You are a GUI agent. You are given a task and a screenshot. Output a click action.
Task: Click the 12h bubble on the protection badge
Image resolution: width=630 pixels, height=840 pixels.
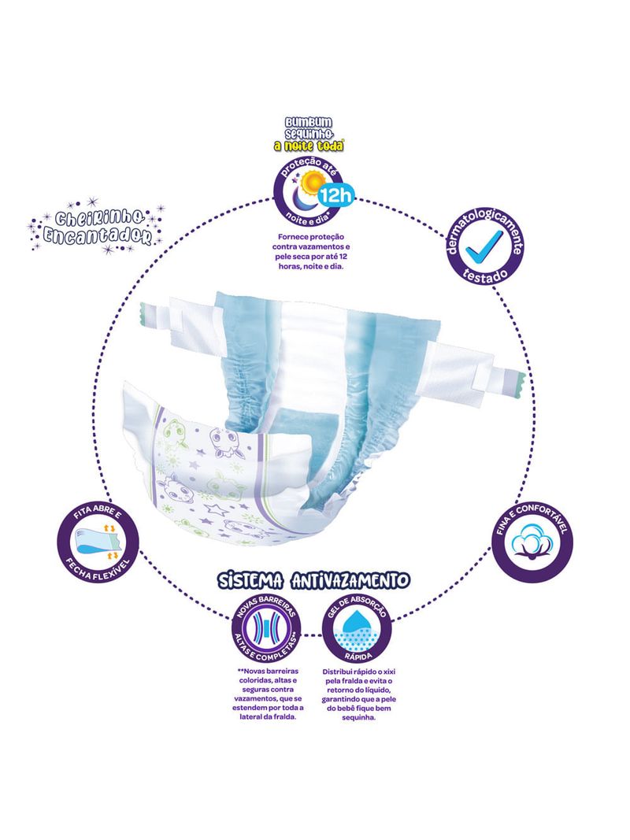click(x=335, y=197)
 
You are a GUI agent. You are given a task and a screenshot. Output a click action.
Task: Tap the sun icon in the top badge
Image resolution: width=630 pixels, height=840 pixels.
click(x=310, y=184)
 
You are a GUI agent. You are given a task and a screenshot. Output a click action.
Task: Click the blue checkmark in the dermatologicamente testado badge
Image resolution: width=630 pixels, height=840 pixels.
click(x=484, y=246)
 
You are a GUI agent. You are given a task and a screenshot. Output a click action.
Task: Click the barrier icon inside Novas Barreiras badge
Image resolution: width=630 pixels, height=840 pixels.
click(x=266, y=627)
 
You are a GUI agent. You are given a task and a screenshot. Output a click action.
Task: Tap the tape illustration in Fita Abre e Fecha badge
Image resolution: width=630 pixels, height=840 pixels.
click(x=97, y=542)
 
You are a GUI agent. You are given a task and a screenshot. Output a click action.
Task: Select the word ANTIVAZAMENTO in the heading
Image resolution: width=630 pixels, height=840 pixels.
click(x=351, y=580)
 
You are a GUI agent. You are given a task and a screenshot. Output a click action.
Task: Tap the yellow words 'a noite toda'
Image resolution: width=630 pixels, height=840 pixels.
click(x=309, y=146)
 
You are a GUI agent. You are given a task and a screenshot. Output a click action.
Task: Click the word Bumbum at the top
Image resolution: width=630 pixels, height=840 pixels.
click(x=309, y=124)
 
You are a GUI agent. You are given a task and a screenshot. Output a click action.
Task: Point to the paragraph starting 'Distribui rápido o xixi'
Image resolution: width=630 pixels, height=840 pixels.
click(x=359, y=694)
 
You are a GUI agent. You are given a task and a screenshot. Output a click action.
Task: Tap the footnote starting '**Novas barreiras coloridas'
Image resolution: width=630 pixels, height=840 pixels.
click(x=267, y=694)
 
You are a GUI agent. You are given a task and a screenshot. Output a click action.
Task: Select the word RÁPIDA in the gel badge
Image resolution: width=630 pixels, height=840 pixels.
click(x=357, y=655)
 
